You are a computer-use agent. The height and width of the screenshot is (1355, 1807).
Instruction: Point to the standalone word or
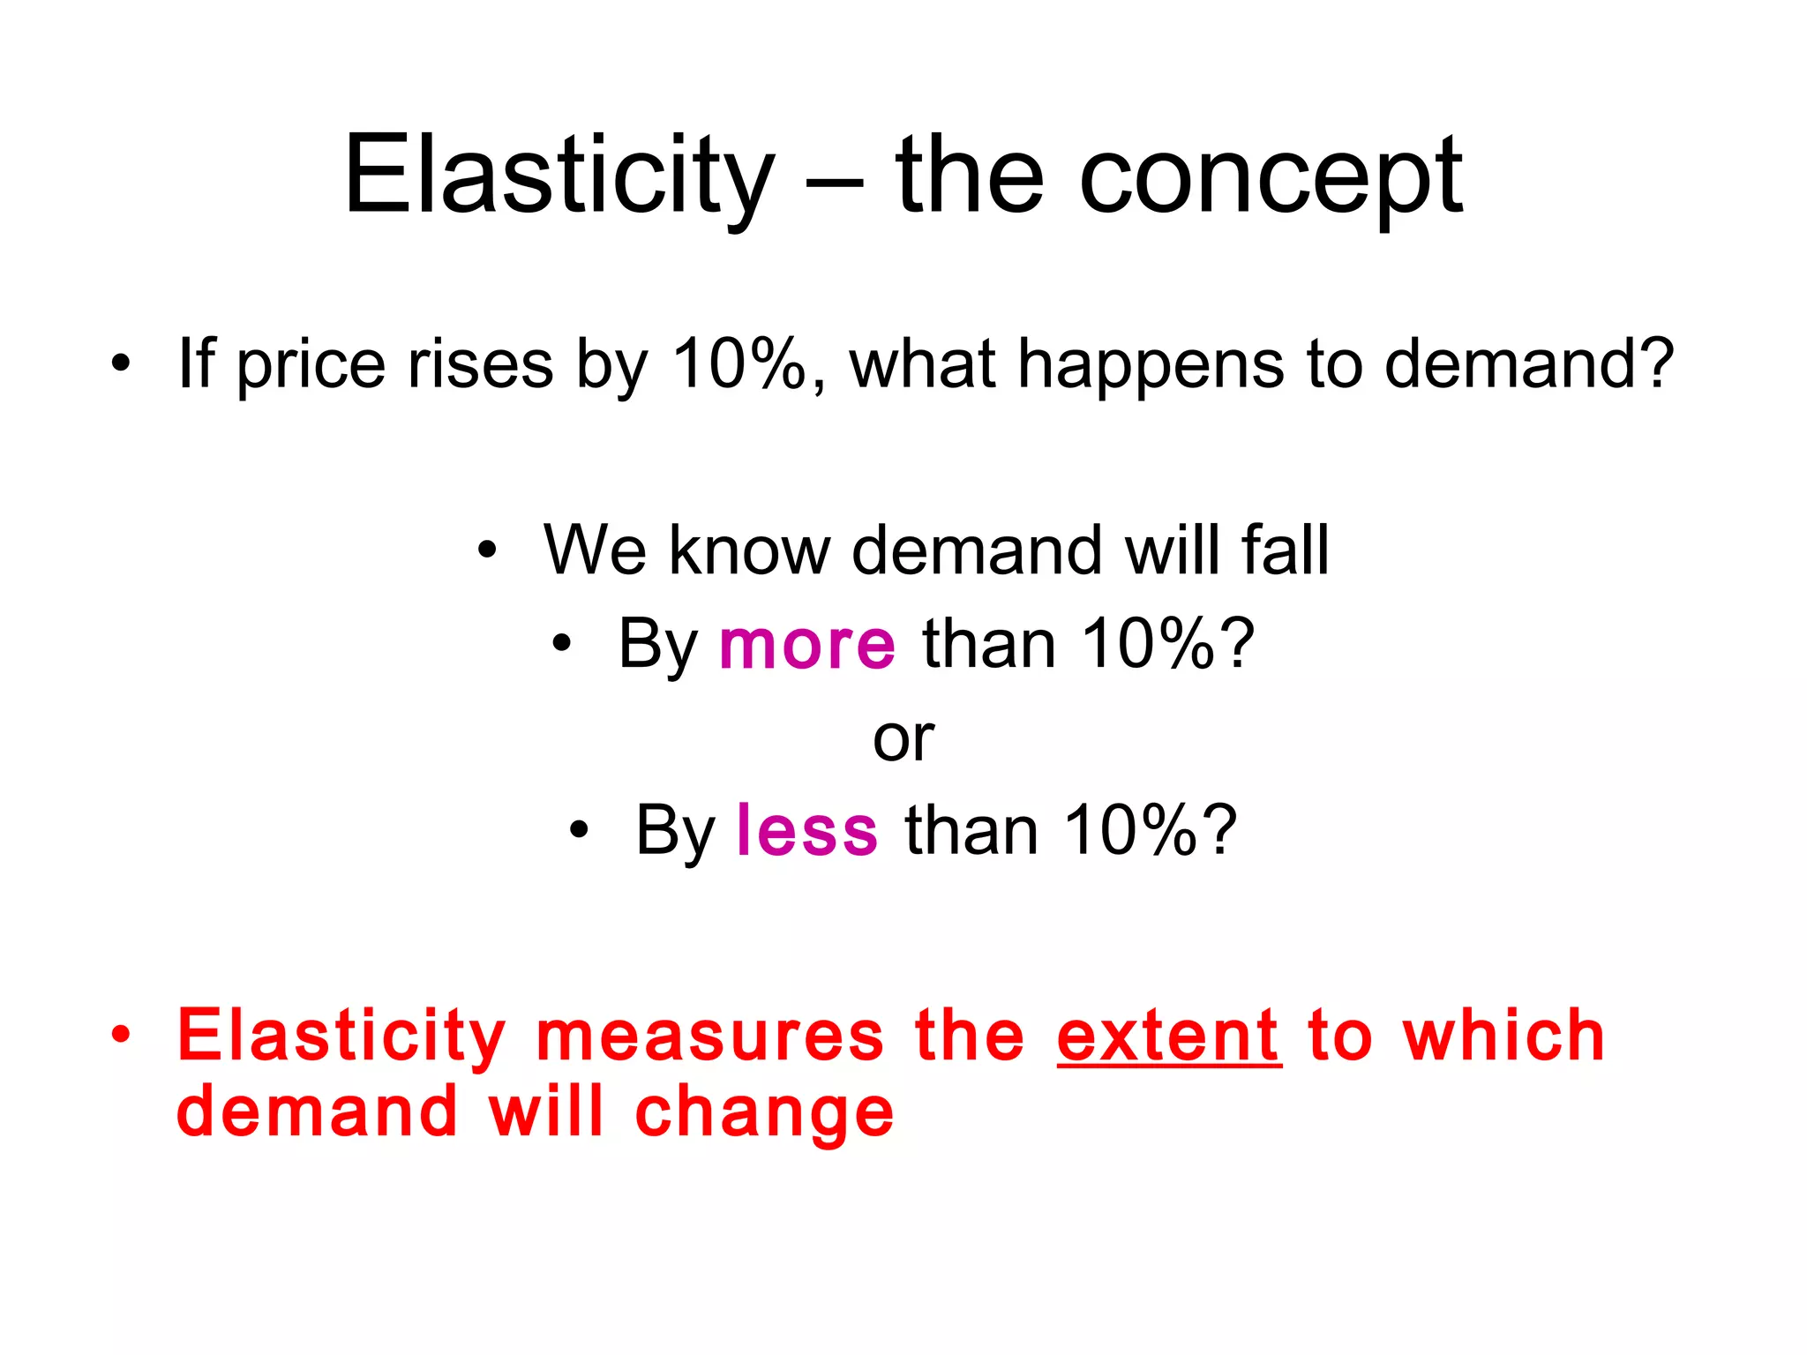(903, 738)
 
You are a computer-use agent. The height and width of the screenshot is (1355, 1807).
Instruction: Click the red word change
(764, 1113)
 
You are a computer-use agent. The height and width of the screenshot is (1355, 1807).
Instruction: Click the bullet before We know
(487, 550)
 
